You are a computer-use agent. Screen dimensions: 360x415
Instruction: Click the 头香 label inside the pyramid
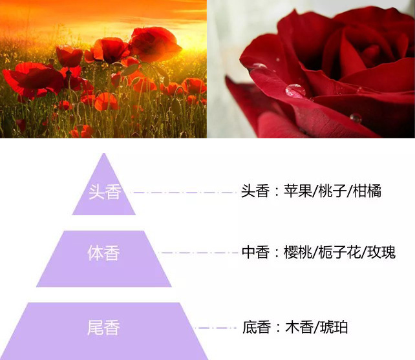pyautogui.click(x=104, y=192)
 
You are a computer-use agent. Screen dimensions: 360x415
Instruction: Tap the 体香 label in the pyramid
pyautogui.click(x=104, y=253)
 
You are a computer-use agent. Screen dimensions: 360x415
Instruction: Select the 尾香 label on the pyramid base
pyautogui.click(x=104, y=327)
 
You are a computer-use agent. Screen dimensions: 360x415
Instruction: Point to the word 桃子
pyautogui.click(x=332, y=192)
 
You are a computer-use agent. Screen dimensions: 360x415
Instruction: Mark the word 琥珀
pyautogui.click(x=334, y=328)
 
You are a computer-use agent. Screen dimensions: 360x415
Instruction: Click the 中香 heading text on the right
pyautogui.click(x=255, y=253)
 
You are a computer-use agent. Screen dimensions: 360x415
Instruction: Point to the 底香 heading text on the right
pyautogui.click(x=256, y=328)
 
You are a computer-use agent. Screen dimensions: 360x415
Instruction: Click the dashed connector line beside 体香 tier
pyautogui.click(x=197, y=253)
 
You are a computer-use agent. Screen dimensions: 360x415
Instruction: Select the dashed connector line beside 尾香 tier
pyautogui.click(x=217, y=328)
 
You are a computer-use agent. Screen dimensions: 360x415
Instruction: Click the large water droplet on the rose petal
pyautogui.click(x=295, y=90)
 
